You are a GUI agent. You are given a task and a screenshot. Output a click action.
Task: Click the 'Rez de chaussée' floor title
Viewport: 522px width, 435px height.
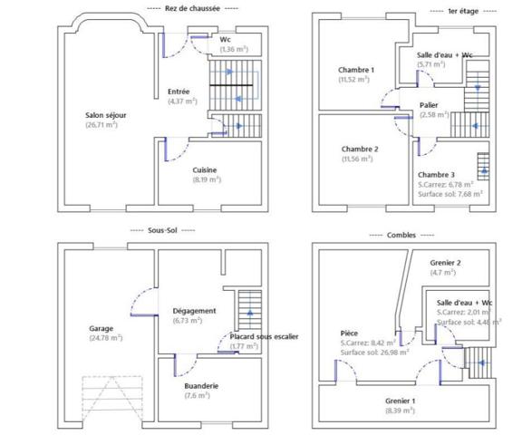pyautogui.click(x=192, y=8)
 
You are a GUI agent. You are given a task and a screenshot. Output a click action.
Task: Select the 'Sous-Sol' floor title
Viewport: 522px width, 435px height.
pyautogui.click(x=163, y=231)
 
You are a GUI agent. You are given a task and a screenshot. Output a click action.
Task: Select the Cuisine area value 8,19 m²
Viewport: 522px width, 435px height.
pyautogui.click(x=204, y=179)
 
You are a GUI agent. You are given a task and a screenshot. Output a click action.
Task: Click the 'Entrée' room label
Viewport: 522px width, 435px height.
pyautogui.click(x=179, y=91)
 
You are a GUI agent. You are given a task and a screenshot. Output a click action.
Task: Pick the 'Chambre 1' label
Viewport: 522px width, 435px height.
pyautogui.click(x=356, y=70)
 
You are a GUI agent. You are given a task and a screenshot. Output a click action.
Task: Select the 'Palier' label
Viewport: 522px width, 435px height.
pyautogui.click(x=429, y=105)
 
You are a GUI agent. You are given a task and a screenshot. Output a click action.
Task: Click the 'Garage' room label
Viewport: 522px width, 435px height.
pyautogui.click(x=101, y=327)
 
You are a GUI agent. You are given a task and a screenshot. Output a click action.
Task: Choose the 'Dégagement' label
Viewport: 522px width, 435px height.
pyautogui.click(x=194, y=310)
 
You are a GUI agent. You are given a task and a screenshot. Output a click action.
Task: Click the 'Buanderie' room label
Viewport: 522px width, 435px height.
pyautogui.click(x=201, y=385)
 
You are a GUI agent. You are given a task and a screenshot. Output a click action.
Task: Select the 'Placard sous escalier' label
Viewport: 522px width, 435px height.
pyautogui.click(x=264, y=336)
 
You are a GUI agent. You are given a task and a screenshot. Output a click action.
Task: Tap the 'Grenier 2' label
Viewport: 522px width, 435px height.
pyautogui.click(x=445, y=262)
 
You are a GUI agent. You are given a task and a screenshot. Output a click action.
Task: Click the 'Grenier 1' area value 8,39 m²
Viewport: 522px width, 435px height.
pyautogui.click(x=400, y=410)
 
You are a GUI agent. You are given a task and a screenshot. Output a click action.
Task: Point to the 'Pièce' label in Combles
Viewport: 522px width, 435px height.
pyautogui.click(x=350, y=333)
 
